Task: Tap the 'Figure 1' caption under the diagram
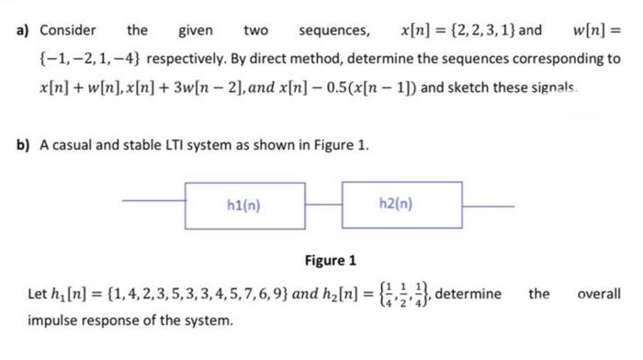tap(331, 260)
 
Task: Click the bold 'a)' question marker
tap(23, 31)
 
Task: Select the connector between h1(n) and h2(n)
tap(322, 199)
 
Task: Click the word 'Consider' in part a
tap(67, 31)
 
